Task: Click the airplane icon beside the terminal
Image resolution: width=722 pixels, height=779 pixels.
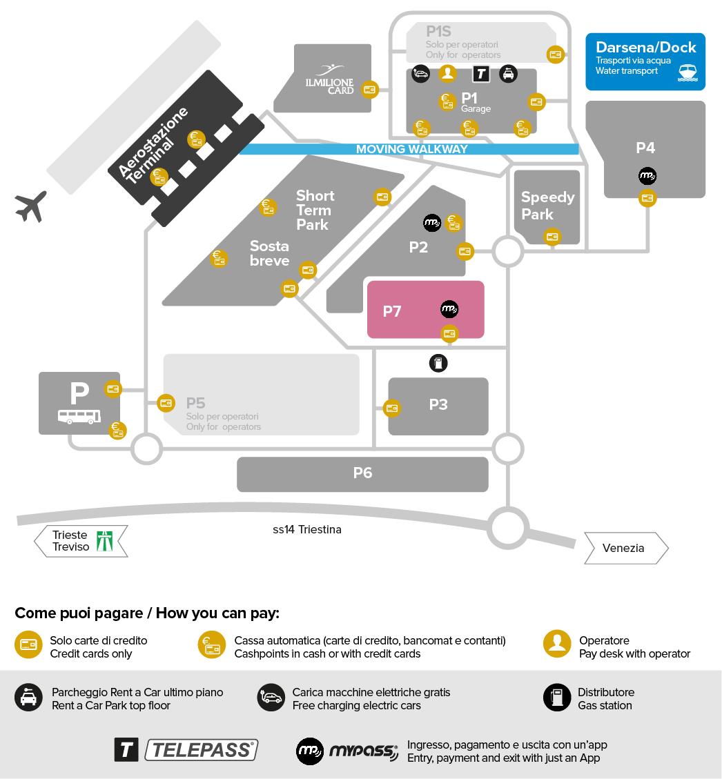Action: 31,206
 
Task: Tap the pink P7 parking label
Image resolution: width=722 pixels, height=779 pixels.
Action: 392,311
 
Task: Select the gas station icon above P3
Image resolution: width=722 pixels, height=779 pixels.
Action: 438,363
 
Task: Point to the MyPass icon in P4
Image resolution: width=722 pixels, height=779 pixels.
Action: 647,176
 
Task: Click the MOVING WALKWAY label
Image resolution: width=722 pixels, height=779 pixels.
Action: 411,149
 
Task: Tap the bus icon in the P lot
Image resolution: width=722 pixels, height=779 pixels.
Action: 79,417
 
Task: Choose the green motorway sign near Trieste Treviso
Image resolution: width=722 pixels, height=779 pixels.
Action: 105,540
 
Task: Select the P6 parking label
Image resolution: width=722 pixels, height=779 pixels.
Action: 362,473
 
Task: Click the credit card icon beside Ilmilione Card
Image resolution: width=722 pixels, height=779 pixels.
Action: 370,89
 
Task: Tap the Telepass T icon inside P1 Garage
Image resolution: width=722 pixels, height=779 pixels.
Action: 480,73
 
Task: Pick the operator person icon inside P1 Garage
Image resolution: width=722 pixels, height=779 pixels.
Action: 448,73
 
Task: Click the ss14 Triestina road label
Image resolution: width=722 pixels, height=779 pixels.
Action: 306,530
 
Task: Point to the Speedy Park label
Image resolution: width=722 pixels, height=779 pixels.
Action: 547,206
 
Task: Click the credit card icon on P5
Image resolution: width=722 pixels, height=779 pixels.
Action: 166,402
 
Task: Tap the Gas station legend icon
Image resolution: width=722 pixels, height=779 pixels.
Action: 556,698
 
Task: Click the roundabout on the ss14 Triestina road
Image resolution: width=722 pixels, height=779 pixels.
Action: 509,528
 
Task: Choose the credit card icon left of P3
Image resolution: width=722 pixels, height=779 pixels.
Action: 392,408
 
